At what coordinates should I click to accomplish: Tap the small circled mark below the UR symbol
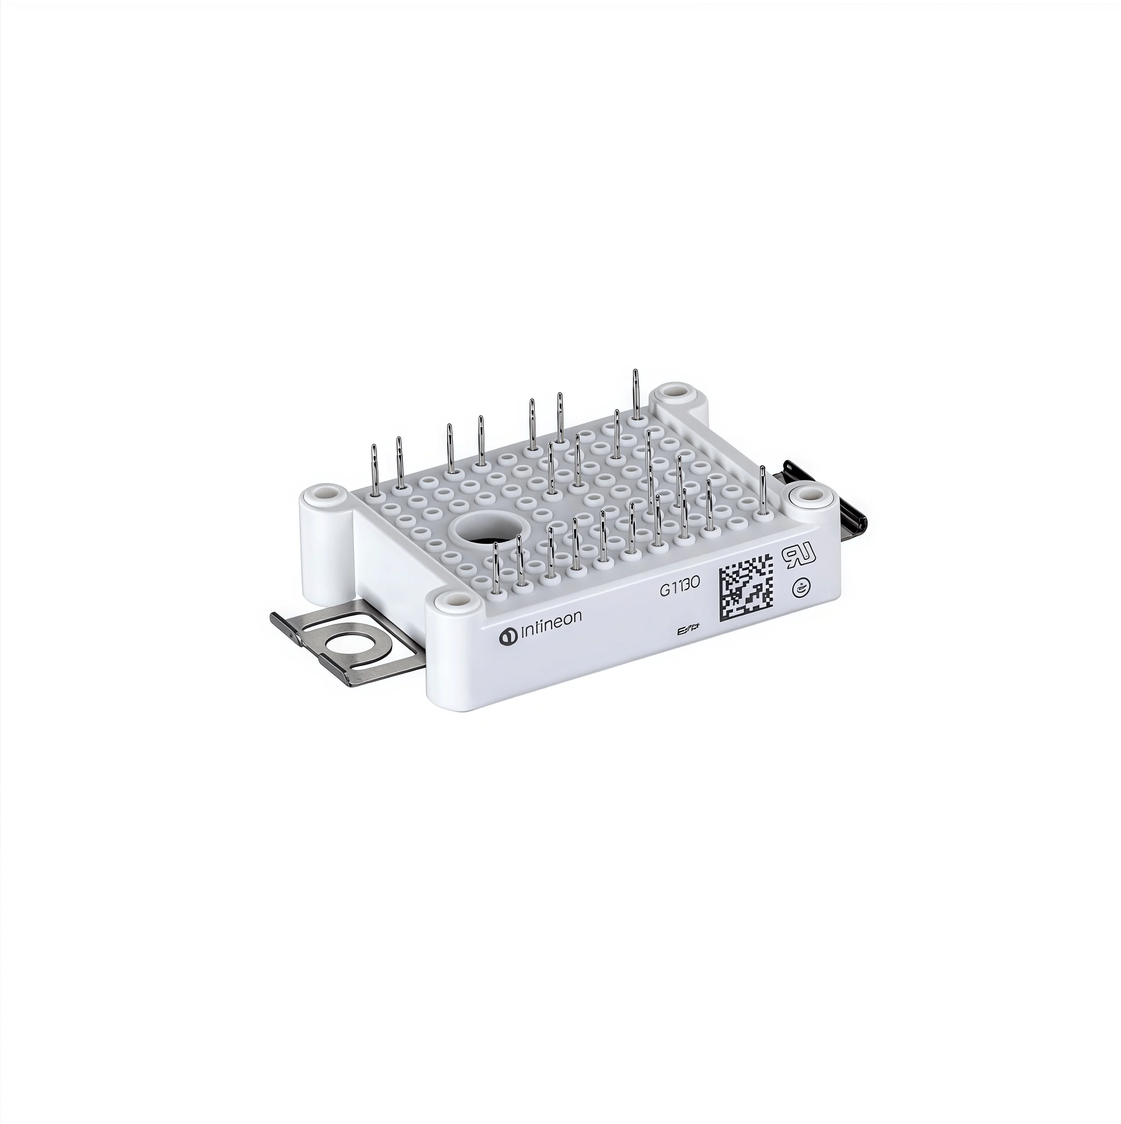coord(800,588)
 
